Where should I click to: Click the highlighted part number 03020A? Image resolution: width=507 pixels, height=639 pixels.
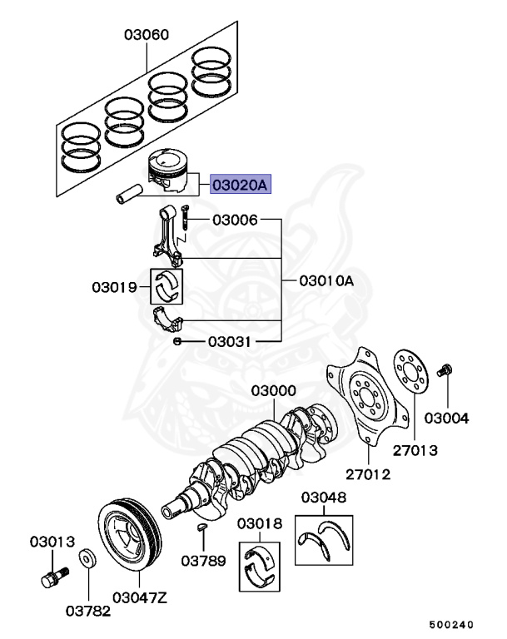(241, 185)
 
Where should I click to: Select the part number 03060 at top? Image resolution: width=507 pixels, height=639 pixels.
(147, 35)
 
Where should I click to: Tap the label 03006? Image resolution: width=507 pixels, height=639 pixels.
(235, 220)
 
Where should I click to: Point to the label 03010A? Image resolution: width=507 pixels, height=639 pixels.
(326, 280)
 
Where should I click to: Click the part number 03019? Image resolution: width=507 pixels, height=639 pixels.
(115, 287)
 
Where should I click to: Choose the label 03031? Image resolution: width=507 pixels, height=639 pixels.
(229, 341)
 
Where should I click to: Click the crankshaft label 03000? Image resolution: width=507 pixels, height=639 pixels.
(274, 391)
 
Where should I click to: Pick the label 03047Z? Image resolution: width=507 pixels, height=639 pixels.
(140, 598)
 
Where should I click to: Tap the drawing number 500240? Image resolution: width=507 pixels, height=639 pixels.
(451, 625)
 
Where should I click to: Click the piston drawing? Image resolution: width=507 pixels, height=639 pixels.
(167, 170)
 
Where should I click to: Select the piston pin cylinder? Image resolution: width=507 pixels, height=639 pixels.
(130, 194)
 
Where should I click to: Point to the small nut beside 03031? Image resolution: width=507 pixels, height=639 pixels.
(177, 341)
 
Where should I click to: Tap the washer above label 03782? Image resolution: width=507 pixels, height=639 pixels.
(87, 559)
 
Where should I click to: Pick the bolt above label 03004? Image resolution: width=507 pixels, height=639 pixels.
(444, 369)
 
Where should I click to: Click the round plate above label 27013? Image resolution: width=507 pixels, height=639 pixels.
(410, 372)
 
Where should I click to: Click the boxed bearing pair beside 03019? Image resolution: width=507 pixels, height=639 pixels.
(167, 286)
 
